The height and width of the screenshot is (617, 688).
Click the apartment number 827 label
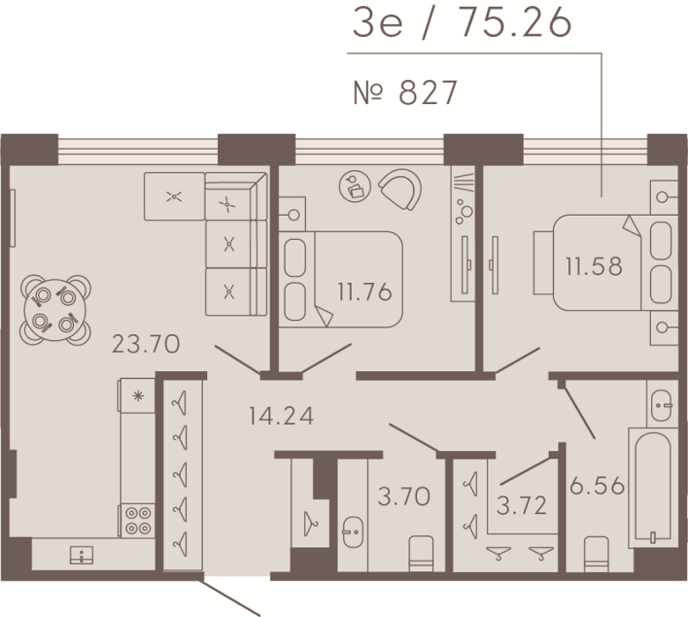click(406, 93)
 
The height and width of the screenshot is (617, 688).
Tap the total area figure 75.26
click(516, 23)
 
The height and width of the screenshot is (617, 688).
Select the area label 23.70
click(146, 344)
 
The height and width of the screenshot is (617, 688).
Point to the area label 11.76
click(364, 292)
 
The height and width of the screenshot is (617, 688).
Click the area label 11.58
click(594, 266)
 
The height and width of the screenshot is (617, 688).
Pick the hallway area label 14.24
click(281, 416)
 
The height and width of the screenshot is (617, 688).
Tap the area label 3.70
click(404, 497)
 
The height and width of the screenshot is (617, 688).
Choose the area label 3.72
click(521, 505)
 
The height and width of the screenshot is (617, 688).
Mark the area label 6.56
click(597, 486)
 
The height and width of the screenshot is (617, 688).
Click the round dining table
click(55, 310)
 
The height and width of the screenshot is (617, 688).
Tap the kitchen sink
click(82, 555)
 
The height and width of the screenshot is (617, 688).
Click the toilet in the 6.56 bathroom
click(596, 554)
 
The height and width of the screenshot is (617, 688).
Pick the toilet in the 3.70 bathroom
click(421, 554)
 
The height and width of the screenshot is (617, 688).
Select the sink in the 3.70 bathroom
click(353, 532)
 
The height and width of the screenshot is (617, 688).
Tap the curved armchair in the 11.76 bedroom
click(401, 189)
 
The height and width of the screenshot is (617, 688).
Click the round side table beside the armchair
click(355, 186)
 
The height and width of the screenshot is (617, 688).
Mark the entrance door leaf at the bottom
click(230, 598)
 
